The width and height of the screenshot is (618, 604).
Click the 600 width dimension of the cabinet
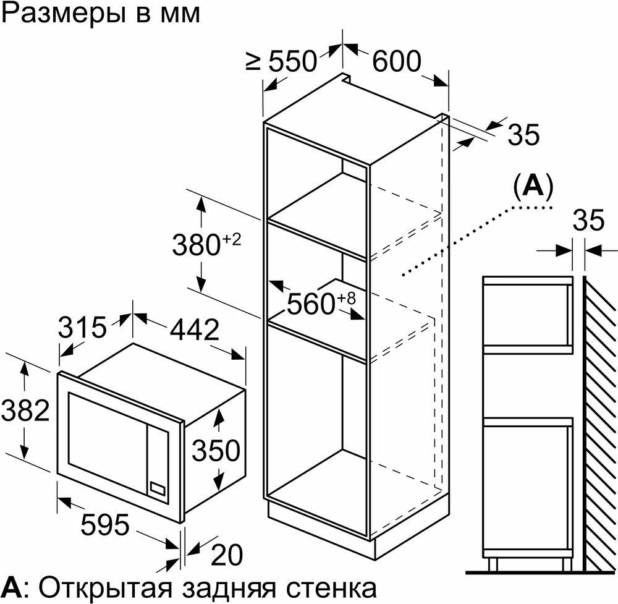coord(397,61)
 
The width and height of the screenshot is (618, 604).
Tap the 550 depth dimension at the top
coord(292,61)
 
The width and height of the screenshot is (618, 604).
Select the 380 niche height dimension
coord(196,245)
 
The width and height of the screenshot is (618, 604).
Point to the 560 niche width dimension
coord(311,304)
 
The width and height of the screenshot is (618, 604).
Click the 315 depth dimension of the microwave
coord(82,327)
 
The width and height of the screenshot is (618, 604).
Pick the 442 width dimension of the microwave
coord(194,330)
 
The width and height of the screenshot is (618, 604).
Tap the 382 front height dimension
coord(25,410)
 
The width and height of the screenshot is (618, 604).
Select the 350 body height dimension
coord(216,450)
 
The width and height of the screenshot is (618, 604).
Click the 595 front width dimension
coord(105,525)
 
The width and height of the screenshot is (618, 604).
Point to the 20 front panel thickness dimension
coord(227,555)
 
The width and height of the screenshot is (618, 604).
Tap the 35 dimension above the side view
coord(588,220)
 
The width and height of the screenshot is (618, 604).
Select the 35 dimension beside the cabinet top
coord(523,134)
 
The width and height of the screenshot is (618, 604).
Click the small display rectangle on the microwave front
coord(158,487)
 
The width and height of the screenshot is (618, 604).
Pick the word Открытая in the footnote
coord(106,588)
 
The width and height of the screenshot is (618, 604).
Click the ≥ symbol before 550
coord(253,61)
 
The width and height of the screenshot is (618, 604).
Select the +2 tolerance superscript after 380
coord(232,239)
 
